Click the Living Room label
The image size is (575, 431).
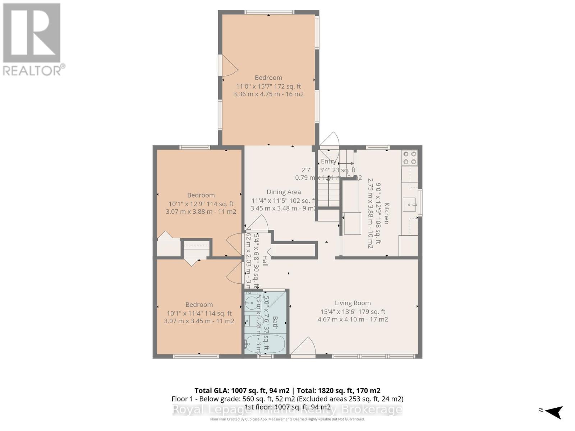(353, 303)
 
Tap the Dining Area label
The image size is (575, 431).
(284, 192)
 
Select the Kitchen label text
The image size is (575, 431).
(387, 213)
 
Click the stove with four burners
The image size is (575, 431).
(410, 157)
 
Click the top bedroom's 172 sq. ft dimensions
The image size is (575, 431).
(268, 86)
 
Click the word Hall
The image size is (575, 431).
(264, 261)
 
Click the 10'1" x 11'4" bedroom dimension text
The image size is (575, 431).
(199, 313)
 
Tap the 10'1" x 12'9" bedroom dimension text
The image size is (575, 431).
(201, 204)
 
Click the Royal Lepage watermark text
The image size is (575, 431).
(287, 409)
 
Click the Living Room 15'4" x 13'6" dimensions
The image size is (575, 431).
(353, 311)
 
